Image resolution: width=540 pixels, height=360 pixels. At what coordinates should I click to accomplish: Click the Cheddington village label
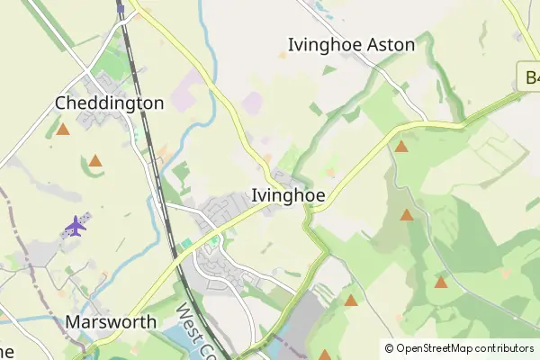110,103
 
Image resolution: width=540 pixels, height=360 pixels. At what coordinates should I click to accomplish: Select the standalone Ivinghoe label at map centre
288,195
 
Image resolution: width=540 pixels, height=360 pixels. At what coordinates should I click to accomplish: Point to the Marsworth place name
111,321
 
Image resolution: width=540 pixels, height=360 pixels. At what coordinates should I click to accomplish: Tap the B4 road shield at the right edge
530,76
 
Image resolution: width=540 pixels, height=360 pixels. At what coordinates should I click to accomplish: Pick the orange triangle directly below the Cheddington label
63,130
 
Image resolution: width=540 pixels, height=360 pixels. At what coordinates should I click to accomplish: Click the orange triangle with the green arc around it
95,161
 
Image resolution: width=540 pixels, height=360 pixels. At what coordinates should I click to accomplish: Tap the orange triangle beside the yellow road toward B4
401,146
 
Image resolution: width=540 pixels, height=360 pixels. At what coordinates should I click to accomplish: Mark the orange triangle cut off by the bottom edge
325,355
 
